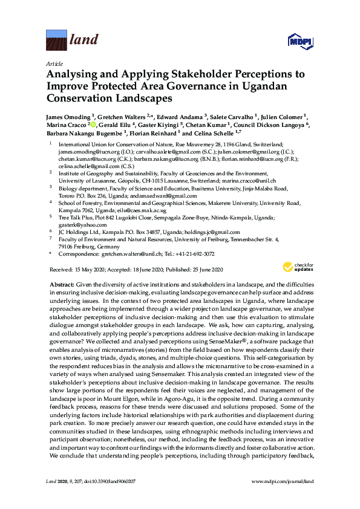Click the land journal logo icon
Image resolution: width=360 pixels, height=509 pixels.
56,42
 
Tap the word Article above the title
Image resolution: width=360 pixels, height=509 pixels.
53,63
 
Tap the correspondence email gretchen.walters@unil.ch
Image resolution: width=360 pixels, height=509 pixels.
120,255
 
